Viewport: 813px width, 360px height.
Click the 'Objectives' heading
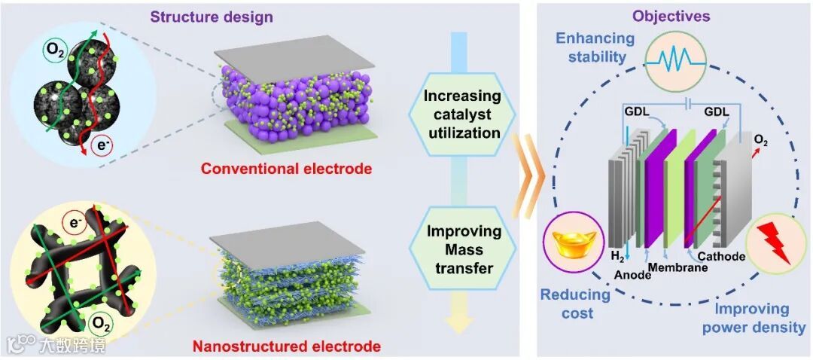(671, 16)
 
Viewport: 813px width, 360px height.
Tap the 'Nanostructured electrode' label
(286, 347)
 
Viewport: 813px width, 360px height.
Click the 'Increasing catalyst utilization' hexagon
(461, 114)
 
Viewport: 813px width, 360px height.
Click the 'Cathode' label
(726, 257)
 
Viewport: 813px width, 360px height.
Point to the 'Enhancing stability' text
(592, 47)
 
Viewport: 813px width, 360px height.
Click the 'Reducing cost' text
(574, 304)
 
